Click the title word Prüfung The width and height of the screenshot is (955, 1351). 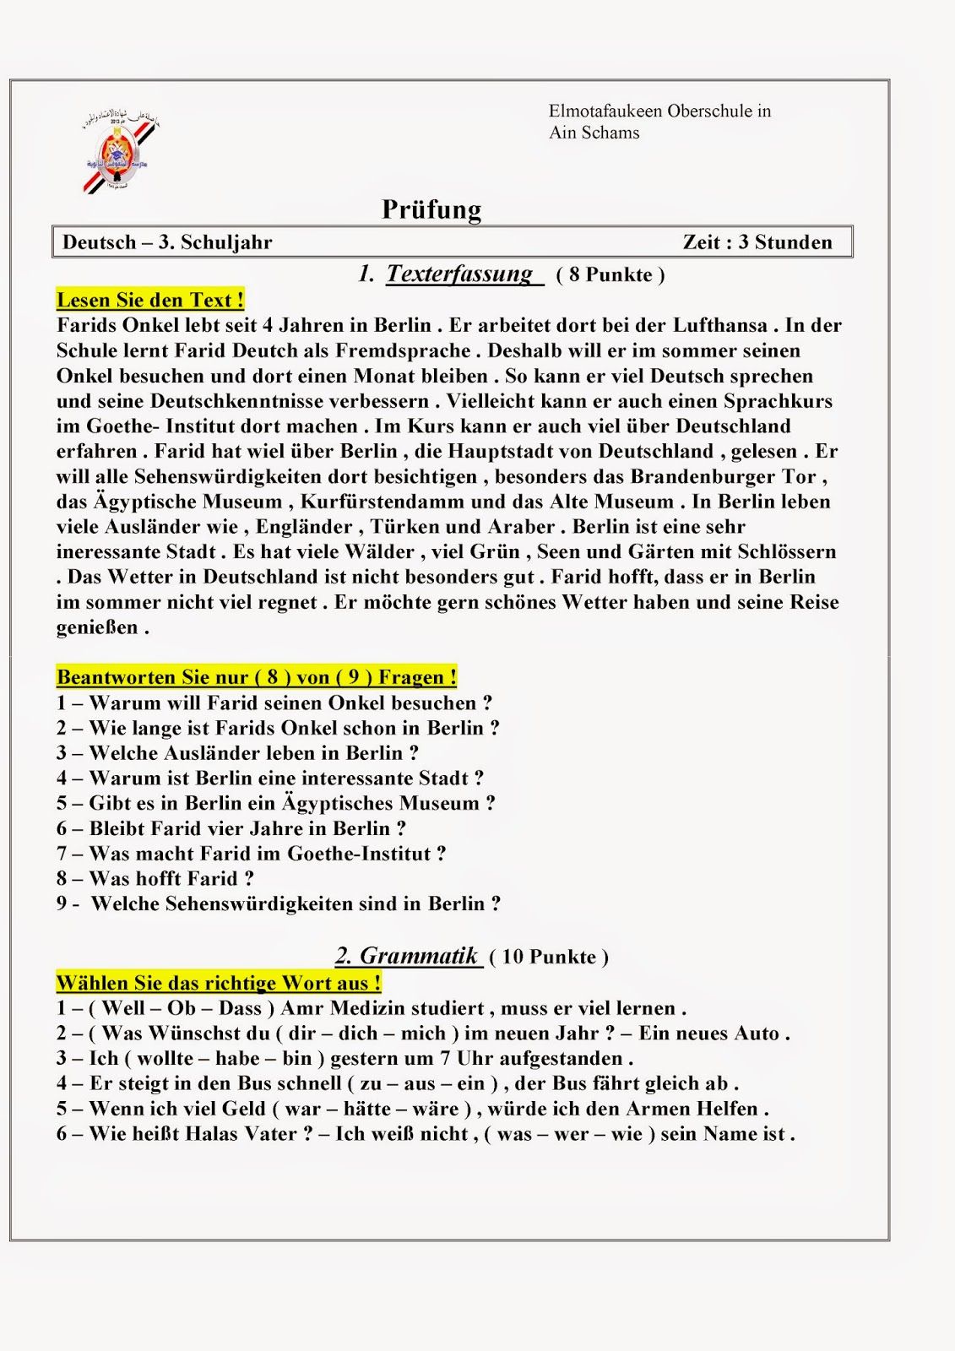[431, 209]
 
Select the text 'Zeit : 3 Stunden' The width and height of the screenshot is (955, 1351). [757, 242]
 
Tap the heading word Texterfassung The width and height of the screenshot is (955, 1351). [460, 274]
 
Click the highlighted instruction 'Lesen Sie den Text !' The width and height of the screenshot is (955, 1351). [150, 300]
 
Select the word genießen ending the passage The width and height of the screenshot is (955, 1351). [97, 627]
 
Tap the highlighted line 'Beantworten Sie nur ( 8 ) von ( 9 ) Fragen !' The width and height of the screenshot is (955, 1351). [257, 677]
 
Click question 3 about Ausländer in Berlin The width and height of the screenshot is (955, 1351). [238, 753]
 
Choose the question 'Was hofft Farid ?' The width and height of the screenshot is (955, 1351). [155, 879]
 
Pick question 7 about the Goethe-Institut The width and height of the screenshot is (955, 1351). [252, 854]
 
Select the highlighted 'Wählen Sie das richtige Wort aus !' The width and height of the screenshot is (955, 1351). [219, 983]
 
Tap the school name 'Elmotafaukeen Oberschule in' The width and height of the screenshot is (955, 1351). [659, 111]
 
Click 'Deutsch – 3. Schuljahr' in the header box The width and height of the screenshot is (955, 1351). [167, 242]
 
